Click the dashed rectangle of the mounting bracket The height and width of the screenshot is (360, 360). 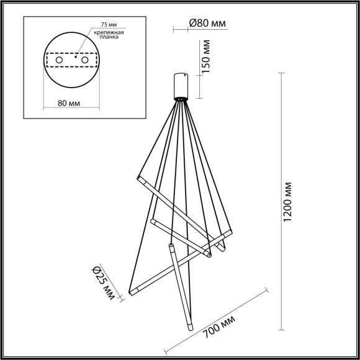point(72,53)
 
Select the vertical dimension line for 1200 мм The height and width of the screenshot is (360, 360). point(281,203)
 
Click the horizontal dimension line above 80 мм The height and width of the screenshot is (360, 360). point(72,94)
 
